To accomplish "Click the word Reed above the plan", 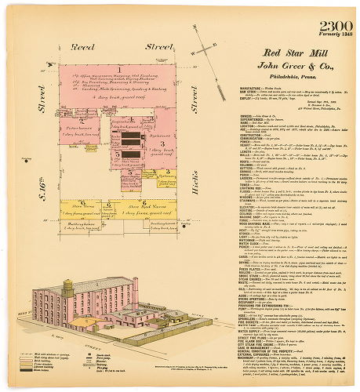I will tap(82, 46).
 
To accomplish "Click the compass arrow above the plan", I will tap(205, 48).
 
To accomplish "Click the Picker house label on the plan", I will tap(78, 128).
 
